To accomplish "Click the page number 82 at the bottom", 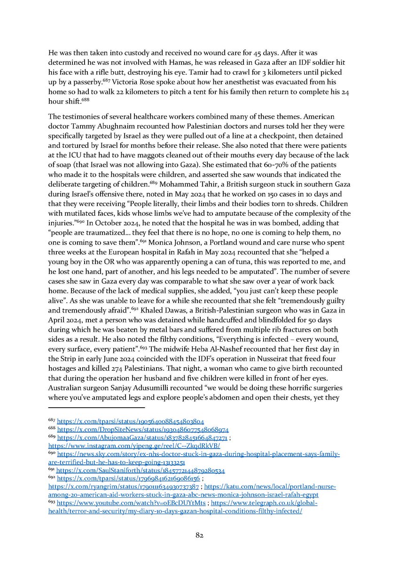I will click(199, 534).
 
